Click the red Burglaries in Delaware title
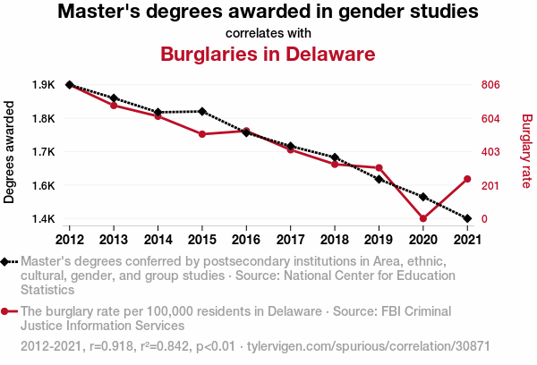click(x=268, y=54)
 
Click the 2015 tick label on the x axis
click(x=202, y=239)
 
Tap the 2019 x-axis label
click(x=379, y=239)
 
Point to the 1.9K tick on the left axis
click(x=42, y=85)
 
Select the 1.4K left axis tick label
click(x=42, y=219)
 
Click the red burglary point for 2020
click(x=422, y=218)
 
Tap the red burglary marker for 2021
click(x=466, y=179)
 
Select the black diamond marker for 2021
click(x=466, y=218)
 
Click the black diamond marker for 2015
click(x=202, y=112)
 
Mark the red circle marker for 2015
click(x=202, y=134)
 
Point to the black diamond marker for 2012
click(x=70, y=85)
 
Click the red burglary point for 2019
click(x=379, y=168)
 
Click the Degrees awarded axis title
click(x=10, y=152)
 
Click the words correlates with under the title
click(x=268, y=32)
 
